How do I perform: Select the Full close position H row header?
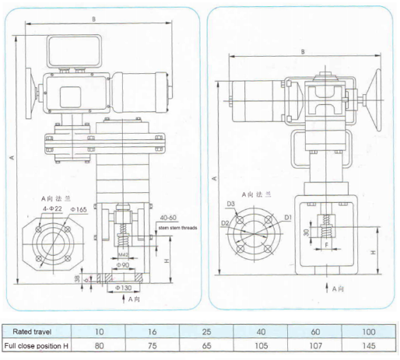pos(36,345)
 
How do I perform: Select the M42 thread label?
pos(124,253)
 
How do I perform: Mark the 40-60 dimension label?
pos(167,218)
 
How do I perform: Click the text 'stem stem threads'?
pos(176,229)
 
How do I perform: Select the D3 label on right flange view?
pos(231,204)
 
